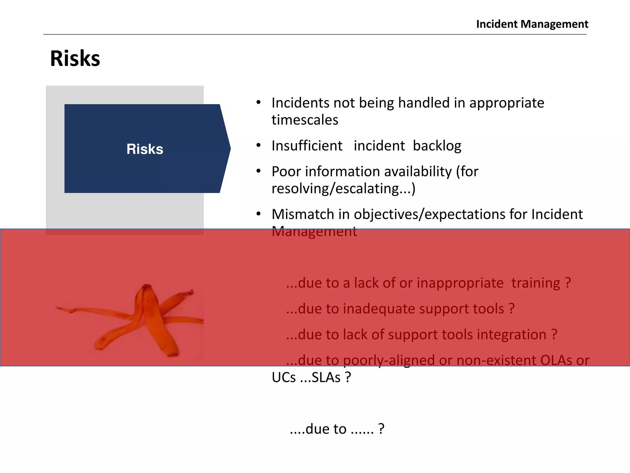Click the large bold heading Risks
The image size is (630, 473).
75,59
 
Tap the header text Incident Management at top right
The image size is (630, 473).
532,24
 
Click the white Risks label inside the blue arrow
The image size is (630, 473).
145,149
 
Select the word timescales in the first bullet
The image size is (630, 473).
305,120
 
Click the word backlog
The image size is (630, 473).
437,146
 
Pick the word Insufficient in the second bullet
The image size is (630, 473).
307,146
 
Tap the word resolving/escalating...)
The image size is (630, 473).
343,188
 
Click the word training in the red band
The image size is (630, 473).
536,283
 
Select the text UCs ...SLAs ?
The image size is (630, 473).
311,378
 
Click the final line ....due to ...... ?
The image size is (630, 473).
337,429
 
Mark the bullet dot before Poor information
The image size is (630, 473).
259,171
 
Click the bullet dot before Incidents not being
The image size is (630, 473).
259,103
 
